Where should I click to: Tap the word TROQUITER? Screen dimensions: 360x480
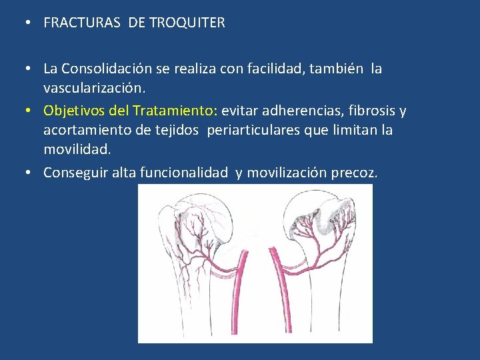tap(187, 23)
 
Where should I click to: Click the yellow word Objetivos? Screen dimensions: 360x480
tap(73, 110)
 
